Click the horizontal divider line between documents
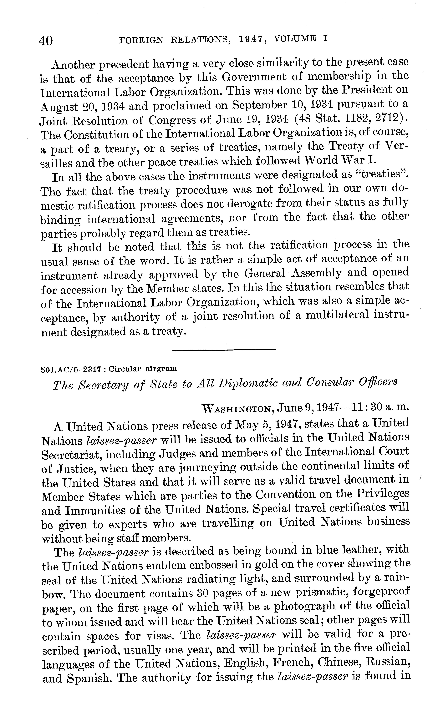[224, 349]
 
